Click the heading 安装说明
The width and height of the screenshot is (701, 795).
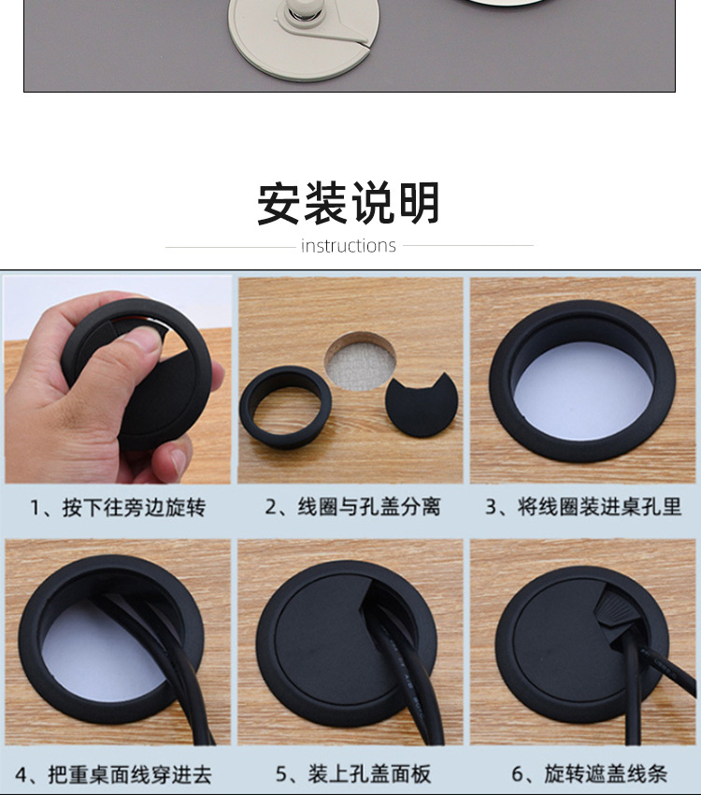click(x=349, y=203)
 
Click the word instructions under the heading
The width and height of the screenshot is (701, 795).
click(x=349, y=246)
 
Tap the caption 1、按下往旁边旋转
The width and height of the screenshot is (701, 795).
click(x=118, y=507)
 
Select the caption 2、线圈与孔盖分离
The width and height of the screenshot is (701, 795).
click(x=352, y=507)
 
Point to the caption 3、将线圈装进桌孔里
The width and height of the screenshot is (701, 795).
click(x=583, y=507)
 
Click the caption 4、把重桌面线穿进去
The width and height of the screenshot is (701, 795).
click(x=118, y=774)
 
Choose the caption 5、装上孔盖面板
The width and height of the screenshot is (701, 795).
click(x=352, y=774)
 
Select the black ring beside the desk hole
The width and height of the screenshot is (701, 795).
click(x=286, y=407)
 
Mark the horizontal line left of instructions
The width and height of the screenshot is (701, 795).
click(x=230, y=246)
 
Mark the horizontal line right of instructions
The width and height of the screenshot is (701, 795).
click(x=467, y=246)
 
